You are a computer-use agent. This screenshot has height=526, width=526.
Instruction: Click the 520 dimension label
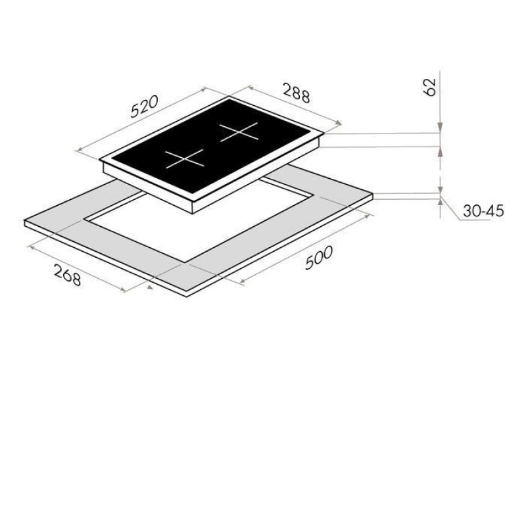pos(144,107)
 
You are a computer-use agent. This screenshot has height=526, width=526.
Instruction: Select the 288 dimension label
pos(297,93)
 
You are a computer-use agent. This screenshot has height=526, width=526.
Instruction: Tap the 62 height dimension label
pos(430,87)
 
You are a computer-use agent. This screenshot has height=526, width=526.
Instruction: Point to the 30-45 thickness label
pos(483,210)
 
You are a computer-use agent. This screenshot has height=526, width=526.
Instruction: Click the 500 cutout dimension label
pos(319,257)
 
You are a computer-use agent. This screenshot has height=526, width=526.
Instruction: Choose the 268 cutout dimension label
pos(68,275)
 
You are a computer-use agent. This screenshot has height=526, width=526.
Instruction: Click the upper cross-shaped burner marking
pos(239,132)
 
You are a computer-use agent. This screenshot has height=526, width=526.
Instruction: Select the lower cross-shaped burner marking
pos(184,158)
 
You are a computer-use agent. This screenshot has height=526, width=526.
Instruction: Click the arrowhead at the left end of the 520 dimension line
pos(80,150)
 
